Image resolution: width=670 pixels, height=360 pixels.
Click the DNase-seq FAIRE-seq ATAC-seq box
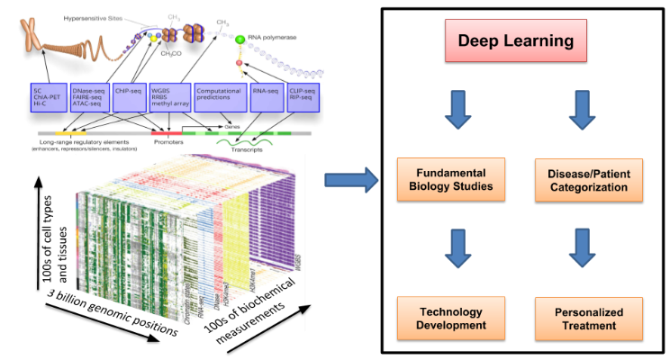95,99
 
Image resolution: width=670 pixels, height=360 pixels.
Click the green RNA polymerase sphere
240,40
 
